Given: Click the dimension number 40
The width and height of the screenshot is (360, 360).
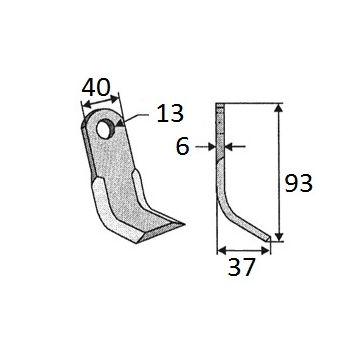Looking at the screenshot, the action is coord(96,88).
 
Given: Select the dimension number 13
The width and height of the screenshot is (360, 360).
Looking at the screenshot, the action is coord(170,113).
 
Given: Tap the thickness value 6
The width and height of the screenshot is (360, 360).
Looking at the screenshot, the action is coord(182,147).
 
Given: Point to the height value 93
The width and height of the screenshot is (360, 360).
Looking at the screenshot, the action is coord(298,183).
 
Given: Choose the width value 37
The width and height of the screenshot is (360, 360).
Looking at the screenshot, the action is coord(241,267).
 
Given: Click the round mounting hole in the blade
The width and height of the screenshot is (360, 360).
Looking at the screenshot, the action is coord(106,129).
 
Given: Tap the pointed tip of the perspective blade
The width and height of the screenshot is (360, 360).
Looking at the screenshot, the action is coord(183,224).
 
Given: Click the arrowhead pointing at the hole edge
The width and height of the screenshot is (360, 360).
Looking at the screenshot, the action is coord(120,124).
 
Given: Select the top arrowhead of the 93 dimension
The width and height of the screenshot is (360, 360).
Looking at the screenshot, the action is coord(279,108).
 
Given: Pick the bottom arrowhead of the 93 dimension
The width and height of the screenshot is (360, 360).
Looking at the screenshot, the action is coord(279,236).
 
